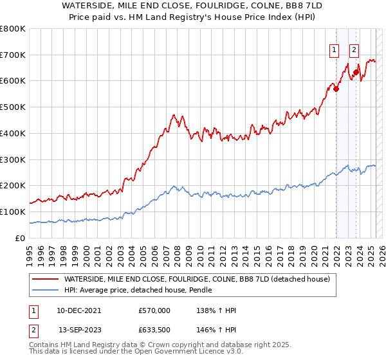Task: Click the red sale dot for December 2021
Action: (336, 89)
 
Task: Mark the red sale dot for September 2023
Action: (356, 72)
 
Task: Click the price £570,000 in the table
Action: (154, 310)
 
